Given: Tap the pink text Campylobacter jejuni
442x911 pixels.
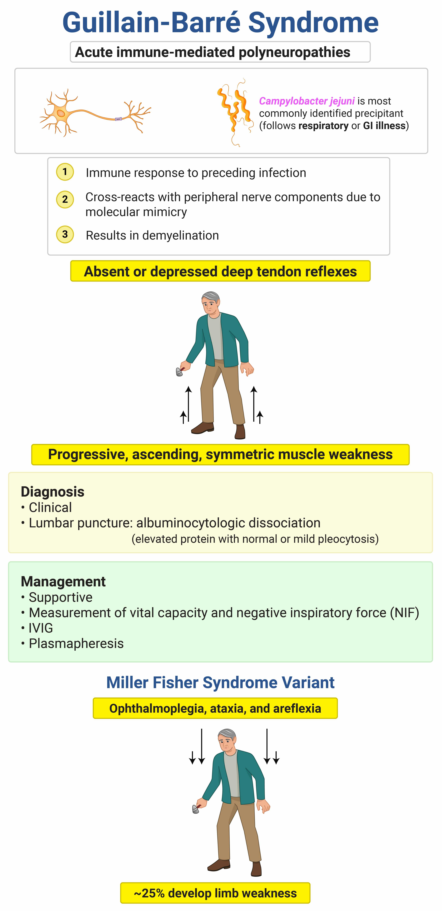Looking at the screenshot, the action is point(306,101).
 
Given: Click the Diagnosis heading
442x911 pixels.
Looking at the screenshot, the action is point(52,492).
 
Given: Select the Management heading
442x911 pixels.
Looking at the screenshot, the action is point(63,581).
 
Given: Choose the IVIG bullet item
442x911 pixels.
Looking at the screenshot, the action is point(41,628).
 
